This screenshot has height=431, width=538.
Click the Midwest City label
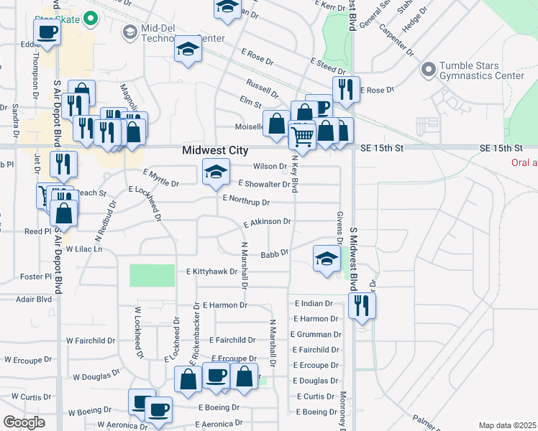point(215,151)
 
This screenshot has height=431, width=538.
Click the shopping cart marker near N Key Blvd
point(302,134)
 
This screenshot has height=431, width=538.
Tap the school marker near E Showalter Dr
point(216,173)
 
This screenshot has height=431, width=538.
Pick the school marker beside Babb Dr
point(327,258)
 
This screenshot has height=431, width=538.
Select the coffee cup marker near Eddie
point(47,32)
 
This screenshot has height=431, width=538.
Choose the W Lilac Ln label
point(85,249)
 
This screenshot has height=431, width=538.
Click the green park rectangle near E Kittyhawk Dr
point(152,275)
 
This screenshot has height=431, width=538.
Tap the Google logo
point(24,422)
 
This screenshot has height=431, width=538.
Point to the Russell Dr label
point(262,88)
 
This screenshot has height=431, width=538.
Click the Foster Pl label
point(37,277)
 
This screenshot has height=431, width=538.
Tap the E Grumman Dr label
point(318,334)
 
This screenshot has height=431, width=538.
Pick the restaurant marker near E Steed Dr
point(346,89)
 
